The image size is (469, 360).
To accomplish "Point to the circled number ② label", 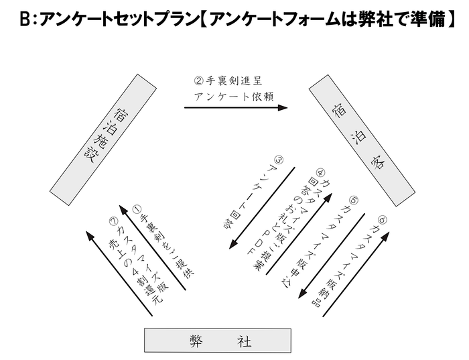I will click(198, 80).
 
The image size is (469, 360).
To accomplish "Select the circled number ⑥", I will click(382, 219).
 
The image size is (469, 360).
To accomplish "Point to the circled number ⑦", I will click(114, 221).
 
